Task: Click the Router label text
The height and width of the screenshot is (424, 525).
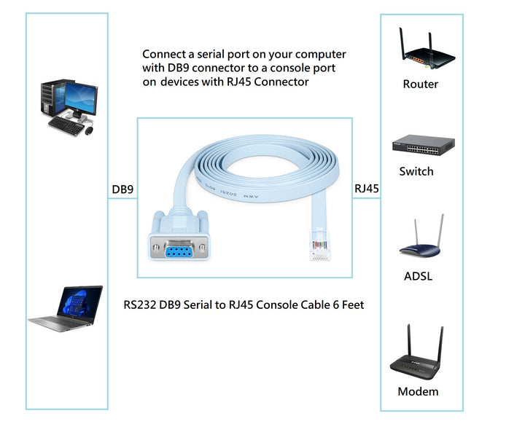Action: [x=421, y=85]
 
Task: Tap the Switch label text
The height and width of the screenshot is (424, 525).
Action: [x=416, y=172]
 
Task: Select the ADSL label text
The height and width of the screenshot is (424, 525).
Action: [x=418, y=277]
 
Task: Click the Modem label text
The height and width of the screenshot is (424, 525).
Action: [x=419, y=392]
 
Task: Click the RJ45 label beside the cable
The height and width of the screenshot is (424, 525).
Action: [x=367, y=189]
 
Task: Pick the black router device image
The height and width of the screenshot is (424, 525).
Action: [x=421, y=51]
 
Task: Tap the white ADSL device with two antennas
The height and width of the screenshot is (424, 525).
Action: [x=421, y=240]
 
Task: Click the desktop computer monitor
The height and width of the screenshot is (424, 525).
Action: [x=81, y=95]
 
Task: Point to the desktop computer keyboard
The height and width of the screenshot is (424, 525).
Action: [x=66, y=126]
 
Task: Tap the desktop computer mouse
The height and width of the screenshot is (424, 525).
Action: [x=90, y=132]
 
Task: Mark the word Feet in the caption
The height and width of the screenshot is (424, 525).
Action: [x=349, y=305]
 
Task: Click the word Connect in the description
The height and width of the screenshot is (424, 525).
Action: [x=163, y=55]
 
